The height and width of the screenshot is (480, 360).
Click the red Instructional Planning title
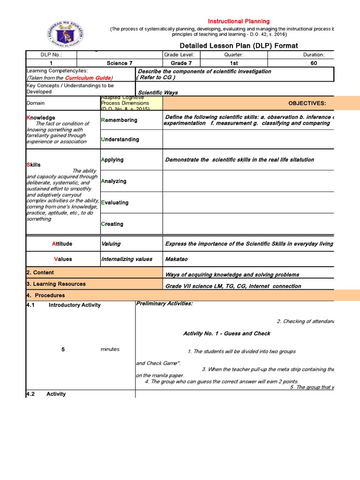tap(239, 21)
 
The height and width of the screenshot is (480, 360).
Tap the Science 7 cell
tap(117, 63)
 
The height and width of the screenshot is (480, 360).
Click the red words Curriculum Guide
tap(88, 78)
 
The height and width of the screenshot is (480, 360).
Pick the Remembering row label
tap(119, 120)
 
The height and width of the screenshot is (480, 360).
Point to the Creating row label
tap(112, 224)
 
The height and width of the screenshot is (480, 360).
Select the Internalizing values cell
tap(127, 259)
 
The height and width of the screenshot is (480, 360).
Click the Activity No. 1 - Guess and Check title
tap(226, 333)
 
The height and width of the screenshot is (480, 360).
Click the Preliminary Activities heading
tap(164, 304)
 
